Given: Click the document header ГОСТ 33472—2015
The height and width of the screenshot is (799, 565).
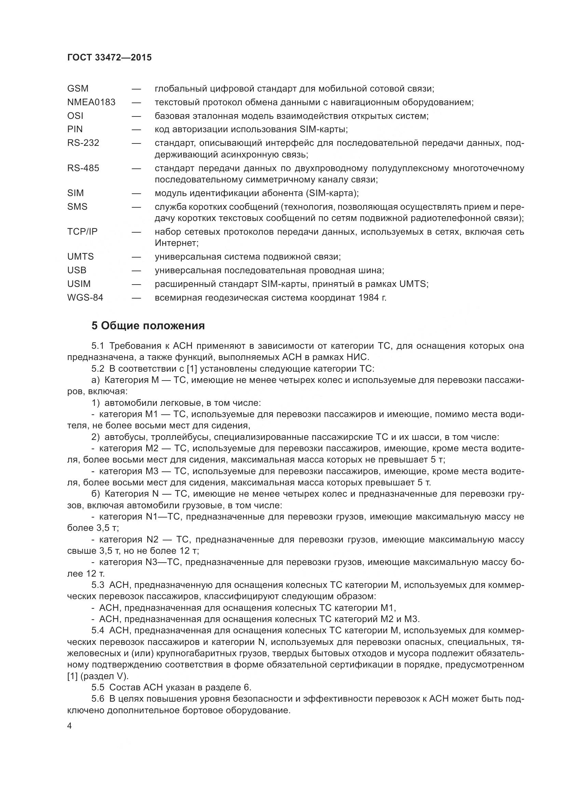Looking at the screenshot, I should click(109, 57).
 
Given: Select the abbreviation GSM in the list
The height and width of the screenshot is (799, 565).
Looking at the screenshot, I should click(78, 89).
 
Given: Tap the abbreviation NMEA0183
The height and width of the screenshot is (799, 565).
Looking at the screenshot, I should click(91, 102).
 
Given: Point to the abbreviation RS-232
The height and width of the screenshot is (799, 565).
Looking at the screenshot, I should click(83, 143).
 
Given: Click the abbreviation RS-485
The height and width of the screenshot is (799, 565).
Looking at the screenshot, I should click(83, 168).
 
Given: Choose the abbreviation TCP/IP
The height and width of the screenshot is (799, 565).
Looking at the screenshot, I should click(82, 232).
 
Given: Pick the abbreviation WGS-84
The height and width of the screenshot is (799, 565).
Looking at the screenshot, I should click(85, 298).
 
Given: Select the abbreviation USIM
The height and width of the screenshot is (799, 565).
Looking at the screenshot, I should click(79, 284).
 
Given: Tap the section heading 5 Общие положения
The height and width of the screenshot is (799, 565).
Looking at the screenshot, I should click(148, 326).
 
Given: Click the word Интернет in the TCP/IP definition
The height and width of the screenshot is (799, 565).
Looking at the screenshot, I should click(176, 243).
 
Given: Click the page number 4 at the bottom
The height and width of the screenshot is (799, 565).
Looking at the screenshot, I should click(70, 726).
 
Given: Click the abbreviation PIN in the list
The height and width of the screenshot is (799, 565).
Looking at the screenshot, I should click(75, 129).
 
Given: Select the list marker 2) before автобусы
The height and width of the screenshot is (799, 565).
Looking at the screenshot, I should click(96, 437).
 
